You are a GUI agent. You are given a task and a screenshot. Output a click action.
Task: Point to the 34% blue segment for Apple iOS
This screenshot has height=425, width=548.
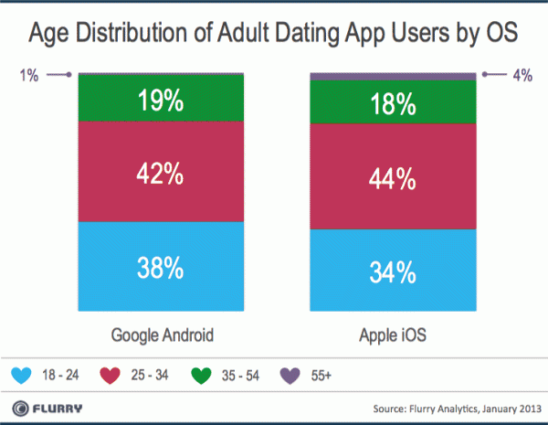click(393, 271)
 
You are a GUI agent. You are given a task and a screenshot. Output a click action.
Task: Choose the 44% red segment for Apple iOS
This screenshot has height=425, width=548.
click(393, 175)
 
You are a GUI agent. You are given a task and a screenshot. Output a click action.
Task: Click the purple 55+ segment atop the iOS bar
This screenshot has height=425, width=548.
click(393, 76)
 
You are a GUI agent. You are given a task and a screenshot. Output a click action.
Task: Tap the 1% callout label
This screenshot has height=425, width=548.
click(29, 77)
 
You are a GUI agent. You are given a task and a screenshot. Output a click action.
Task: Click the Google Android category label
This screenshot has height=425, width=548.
click(162, 335)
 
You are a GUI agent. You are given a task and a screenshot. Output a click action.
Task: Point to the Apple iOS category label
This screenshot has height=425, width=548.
click(393, 335)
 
